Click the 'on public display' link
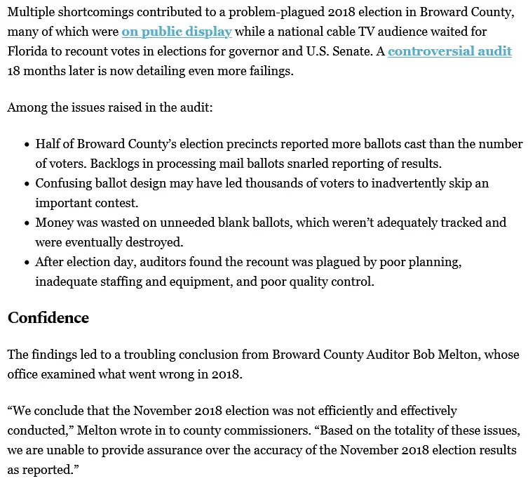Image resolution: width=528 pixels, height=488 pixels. (176, 32)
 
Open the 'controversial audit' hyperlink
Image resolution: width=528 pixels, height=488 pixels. (449, 51)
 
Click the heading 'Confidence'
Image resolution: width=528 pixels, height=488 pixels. (48, 317)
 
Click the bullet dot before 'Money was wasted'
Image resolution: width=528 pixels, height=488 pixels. (26, 223)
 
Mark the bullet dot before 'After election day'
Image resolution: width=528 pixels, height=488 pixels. (26, 262)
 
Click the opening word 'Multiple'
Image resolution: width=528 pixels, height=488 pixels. (32, 13)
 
